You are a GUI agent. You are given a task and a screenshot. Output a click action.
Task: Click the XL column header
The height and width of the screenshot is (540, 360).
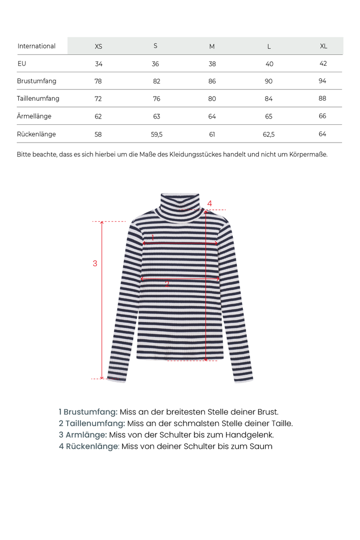click(x=324, y=46)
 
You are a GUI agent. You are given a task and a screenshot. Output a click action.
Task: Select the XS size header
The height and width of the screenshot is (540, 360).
click(x=98, y=46)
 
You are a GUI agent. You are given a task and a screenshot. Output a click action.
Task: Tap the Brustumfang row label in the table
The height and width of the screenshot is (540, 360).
click(x=36, y=81)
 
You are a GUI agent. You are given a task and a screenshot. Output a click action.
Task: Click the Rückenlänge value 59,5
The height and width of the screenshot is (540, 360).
click(x=157, y=134)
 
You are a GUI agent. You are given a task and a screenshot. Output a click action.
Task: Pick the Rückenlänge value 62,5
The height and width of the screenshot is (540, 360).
click(x=269, y=134)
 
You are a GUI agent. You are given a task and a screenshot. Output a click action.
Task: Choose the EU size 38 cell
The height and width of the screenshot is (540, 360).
click(x=212, y=64)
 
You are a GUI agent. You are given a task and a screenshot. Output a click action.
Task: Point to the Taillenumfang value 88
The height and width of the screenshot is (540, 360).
click(x=322, y=98)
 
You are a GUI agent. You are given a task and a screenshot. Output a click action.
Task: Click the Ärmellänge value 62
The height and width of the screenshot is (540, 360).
click(x=98, y=116)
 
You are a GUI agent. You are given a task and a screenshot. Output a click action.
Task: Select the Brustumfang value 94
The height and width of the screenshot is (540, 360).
click(x=322, y=81)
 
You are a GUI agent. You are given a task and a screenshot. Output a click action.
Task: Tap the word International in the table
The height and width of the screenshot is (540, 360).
click(x=36, y=46)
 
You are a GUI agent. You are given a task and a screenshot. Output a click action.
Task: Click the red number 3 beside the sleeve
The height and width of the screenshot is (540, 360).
click(x=95, y=263)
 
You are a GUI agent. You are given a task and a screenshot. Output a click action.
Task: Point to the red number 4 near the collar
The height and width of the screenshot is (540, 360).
click(x=210, y=204)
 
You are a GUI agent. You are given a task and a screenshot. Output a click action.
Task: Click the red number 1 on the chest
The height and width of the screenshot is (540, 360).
click(x=153, y=237)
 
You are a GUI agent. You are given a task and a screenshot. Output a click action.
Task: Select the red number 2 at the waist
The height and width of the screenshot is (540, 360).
click(x=167, y=284)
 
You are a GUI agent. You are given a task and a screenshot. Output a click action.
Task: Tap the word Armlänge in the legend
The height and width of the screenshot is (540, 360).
click(x=86, y=435)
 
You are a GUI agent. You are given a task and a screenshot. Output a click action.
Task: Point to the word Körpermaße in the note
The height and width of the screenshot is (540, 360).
click(x=307, y=155)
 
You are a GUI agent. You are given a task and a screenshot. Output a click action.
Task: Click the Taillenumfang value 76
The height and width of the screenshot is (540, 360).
click(x=156, y=98)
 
